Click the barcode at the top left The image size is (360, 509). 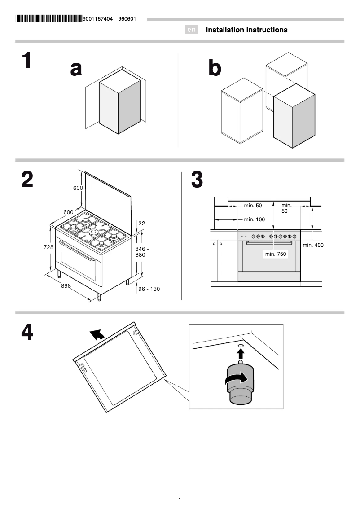pyautogui.click(x=49, y=19)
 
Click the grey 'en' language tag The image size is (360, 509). pyautogui.click(x=191, y=30)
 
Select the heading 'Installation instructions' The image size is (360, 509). pyautogui.click(x=246, y=30)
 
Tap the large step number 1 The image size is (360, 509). pyautogui.click(x=27, y=61)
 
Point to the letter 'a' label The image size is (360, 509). pyautogui.click(x=76, y=69)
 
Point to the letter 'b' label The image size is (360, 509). pyautogui.click(x=215, y=69)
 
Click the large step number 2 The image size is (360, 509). pyautogui.click(x=27, y=180)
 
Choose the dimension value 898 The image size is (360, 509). pyautogui.click(x=66, y=285)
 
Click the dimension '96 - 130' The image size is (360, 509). pyautogui.click(x=149, y=289)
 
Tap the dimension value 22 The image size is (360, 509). pyautogui.click(x=141, y=223)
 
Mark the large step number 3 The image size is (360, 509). pyautogui.click(x=197, y=180)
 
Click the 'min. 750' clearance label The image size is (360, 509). pyautogui.click(x=275, y=254)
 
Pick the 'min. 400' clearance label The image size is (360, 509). pyautogui.click(x=313, y=245)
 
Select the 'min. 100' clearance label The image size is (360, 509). pyautogui.click(x=254, y=219)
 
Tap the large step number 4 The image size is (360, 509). pyautogui.click(x=27, y=333)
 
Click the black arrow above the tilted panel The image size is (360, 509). pyautogui.click(x=96, y=334)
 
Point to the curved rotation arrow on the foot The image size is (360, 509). pyautogui.click(x=237, y=379)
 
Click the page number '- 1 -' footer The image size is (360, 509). pyautogui.click(x=180, y=500)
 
